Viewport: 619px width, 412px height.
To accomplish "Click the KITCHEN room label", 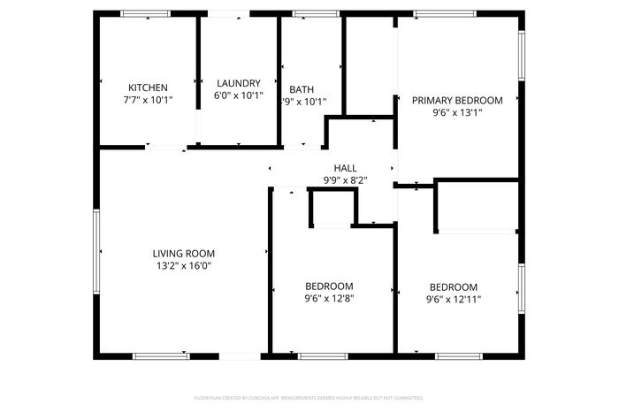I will point(148,88).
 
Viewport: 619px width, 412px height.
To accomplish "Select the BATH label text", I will point(302,89).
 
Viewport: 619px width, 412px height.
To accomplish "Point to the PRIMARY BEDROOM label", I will point(456,101).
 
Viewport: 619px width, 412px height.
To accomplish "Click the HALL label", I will point(345,168).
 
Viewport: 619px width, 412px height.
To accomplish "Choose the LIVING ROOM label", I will point(183,253).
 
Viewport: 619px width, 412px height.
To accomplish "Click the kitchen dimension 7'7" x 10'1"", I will point(148,100).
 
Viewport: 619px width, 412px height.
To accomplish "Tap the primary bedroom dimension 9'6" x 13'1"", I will point(456,113).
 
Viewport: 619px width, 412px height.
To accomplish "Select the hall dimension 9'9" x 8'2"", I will point(345,180).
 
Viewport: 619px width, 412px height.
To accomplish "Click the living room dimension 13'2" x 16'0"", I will point(183,265).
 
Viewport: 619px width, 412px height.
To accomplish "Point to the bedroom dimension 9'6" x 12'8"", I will point(329,299).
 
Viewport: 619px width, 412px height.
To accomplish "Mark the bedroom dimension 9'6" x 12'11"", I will point(453,300).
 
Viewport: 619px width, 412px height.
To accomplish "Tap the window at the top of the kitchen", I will point(146,14).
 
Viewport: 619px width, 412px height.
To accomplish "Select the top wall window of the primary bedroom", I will point(445,14).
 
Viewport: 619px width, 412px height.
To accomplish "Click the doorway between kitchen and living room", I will point(165,147).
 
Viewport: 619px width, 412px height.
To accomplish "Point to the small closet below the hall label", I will point(332,208).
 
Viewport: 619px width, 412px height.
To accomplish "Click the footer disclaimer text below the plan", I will point(309,398).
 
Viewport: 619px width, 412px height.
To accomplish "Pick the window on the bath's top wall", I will point(309,14).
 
